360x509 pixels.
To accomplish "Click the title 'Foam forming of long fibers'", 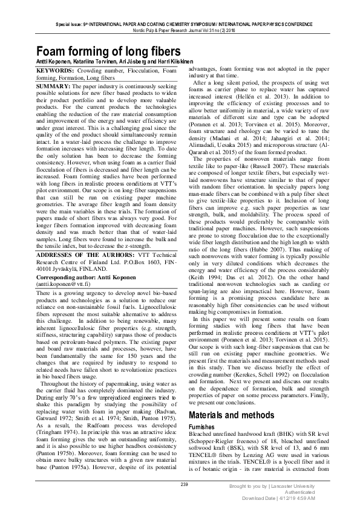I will [x=108, y=50].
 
